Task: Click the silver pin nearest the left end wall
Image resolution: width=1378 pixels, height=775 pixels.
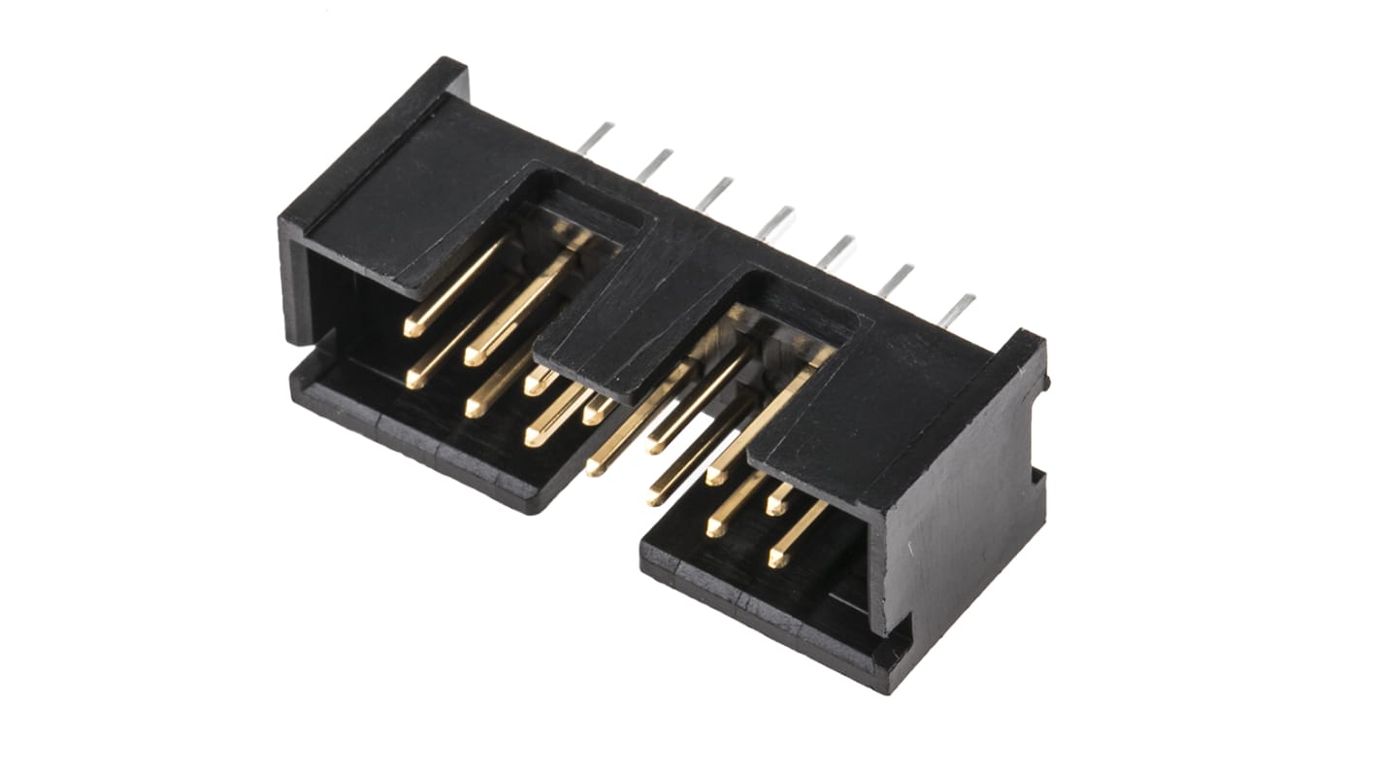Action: coord(596,138)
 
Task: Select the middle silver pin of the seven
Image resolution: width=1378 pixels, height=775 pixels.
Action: coord(776,222)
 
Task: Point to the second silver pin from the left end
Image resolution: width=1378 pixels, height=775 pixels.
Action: coord(655,165)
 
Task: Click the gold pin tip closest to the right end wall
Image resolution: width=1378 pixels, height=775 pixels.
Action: coord(777,559)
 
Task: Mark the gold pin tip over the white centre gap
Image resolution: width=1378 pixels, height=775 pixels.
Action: coord(595,468)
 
